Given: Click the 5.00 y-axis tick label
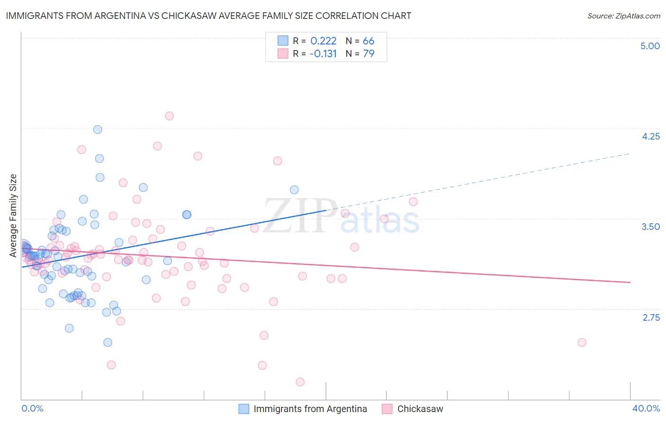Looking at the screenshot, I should (650, 46).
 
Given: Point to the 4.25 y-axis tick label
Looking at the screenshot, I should (650, 136).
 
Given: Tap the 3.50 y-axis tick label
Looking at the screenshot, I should (650, 227).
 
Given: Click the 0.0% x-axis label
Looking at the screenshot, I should (32, 408).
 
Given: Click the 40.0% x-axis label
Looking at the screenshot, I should (646, 408).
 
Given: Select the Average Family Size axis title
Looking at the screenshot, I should (13, 216).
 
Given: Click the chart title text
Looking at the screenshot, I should (208, 16).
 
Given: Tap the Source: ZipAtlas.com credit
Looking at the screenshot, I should (623, 16).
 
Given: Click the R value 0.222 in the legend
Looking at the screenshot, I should (323, 41).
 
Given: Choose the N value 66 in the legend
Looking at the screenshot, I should (368, 41).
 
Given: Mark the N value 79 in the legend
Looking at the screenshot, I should (368, 54).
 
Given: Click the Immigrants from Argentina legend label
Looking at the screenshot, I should (310, 409).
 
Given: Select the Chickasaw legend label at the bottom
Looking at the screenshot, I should (420, 409).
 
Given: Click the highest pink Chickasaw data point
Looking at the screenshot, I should (169, 116).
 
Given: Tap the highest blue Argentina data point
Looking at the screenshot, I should (98, 129).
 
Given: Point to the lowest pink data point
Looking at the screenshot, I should (300, 382).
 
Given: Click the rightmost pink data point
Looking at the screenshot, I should (582, 343).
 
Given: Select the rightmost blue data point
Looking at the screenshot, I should (294, 190).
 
